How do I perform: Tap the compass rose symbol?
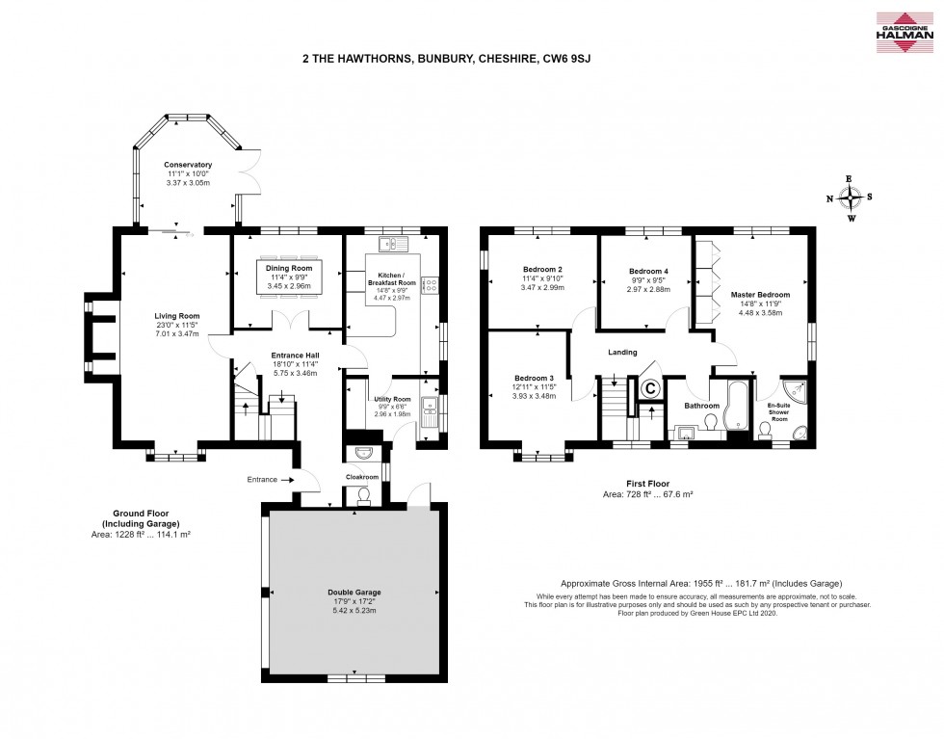[x=850, y=198]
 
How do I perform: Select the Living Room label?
[x=176, y=315]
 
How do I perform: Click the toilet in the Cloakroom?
[x=363, y=495]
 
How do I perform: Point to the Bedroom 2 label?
[x=542, y=269]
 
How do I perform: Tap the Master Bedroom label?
[x=760, y=295]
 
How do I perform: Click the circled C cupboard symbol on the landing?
[x=650, y=388]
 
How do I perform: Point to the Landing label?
[x=622, y=353]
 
